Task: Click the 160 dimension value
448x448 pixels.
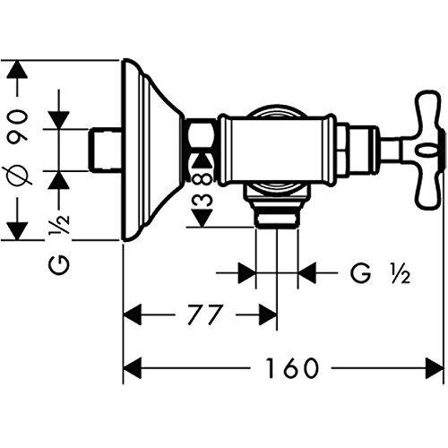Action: click(x=292, y=368)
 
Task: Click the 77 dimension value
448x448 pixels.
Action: click(x=205, y=314)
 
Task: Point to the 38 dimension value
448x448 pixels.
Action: click(x=202, y=188)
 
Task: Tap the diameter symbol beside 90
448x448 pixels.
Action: click(x=17, y=177)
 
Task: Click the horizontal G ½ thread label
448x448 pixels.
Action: click(x=380, y=273)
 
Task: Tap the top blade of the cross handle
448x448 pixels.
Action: click(x=429, y=111)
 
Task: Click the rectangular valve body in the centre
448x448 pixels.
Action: click(x=277, y=150)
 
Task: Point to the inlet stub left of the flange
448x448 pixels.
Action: click(x=106, y=150)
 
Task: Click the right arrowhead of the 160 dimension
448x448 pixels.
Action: click(x=435, y=368)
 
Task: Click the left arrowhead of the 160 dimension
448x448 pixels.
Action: click(x=132, y=368)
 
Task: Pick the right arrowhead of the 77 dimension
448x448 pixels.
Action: click(x=268, y=314)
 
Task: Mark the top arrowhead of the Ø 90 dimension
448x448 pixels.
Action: click(x=17, y=69)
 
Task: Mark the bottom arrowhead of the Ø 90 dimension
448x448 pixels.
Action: click(x=17, y=230)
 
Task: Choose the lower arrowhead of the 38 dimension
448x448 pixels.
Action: click(x=202, y=218)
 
